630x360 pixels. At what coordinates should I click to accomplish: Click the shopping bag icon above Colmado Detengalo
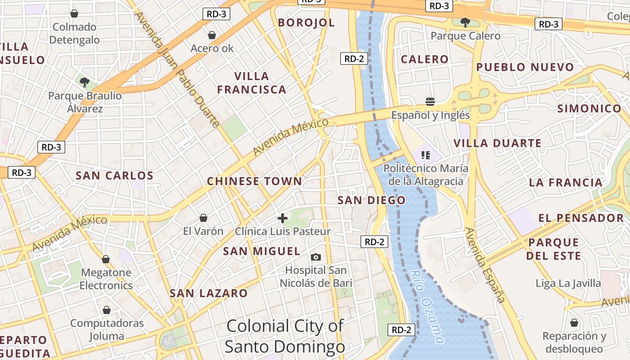(74, 13)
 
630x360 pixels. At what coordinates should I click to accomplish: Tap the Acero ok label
(212, 48)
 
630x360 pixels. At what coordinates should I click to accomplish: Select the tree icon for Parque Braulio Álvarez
(84, 82)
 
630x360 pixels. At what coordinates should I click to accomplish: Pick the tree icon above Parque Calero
(465, 22)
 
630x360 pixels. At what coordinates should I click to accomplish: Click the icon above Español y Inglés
(430, 101)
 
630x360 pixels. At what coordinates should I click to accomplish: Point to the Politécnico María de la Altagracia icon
(426, 156)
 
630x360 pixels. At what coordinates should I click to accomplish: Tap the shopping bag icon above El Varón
(203, 218)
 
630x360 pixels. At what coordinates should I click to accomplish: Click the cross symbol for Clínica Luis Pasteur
(283, 218)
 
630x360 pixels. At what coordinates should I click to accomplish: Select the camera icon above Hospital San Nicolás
(316, 257)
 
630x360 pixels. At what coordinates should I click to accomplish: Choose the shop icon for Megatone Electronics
(106, 259)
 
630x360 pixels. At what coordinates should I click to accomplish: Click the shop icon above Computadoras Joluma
(107, 310)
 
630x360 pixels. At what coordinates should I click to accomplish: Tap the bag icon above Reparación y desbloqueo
(574, 323)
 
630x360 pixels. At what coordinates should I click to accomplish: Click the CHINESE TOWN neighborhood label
(254, 181)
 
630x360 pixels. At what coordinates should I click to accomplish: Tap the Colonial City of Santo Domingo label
(285, 336)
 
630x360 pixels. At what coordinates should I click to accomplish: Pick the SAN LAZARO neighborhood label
(208, 293)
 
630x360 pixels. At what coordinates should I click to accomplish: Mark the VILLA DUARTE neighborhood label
(497, 144)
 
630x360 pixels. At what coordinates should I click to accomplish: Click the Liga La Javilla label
(568, 283)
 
